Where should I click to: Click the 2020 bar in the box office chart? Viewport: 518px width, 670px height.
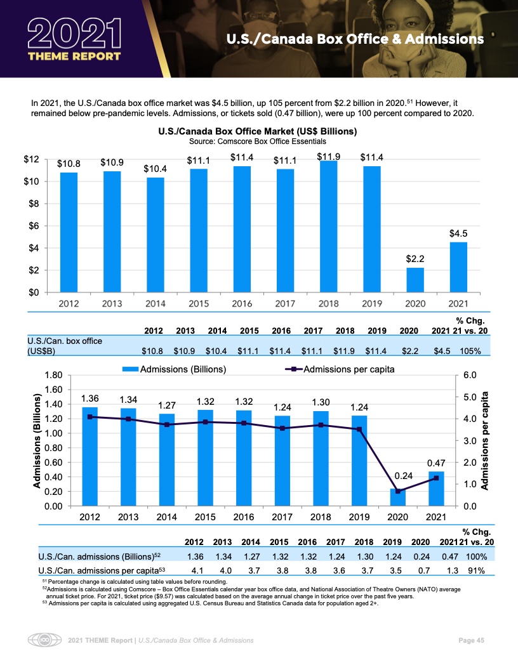coord(415,280)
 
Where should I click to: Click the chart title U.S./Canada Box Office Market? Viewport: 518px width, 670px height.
coord(258,131)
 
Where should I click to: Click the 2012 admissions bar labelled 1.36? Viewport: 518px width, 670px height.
coord(90,457)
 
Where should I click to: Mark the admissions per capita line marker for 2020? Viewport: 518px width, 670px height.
coord(397,491)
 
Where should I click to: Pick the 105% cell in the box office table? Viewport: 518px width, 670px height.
coord(469,350)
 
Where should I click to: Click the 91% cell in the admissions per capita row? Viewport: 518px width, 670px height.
coord(474,570)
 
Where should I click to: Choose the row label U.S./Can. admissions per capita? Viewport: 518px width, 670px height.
coord(102,570)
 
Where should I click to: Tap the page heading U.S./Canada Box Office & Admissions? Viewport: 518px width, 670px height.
coord(355,39)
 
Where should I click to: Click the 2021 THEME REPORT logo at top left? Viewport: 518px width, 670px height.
coord(74,39)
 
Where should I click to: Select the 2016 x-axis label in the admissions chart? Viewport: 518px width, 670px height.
coord(244,516)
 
